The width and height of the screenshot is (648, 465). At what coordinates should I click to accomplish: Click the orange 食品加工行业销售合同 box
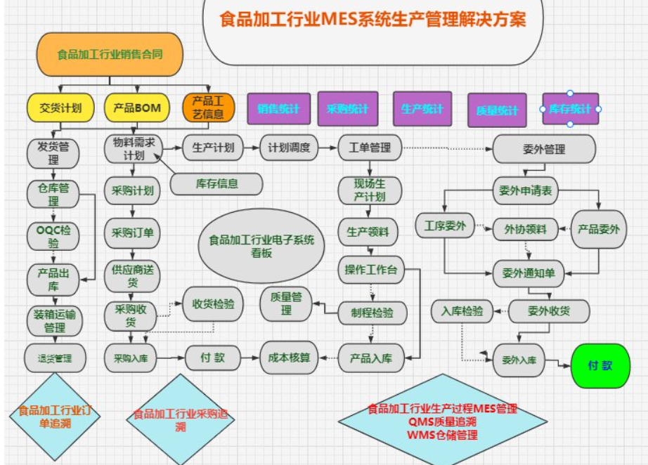[110, 53]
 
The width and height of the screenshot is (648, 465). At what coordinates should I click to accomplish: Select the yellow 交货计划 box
[60, 107]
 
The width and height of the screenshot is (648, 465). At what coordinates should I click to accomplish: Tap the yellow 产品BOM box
[137, 107]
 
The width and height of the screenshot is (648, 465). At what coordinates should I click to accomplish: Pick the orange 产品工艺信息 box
[208, 107]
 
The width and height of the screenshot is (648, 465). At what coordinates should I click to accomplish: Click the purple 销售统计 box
[278, 109]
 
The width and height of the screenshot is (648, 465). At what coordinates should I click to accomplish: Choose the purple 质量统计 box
[497, 110]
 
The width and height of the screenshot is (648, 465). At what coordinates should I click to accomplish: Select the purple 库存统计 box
[570, 109]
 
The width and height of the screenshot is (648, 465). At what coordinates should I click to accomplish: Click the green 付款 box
[600, 365]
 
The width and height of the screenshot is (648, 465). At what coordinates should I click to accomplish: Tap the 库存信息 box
[216, 184]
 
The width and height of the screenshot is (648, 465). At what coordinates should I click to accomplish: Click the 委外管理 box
[544, 149]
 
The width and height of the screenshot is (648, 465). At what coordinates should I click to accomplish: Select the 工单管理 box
[370, 148]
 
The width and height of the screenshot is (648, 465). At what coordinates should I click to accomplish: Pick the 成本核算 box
[288, 358]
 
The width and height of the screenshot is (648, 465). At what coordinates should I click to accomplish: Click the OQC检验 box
[53, 237]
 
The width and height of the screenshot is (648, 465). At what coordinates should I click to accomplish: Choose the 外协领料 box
[526, 228]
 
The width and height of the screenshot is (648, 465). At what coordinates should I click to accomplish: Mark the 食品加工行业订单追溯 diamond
[54, 417]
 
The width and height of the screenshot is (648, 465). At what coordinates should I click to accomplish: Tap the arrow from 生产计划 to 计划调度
[252, 148]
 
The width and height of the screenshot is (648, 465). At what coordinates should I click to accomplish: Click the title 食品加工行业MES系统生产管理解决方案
[372, 19]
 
